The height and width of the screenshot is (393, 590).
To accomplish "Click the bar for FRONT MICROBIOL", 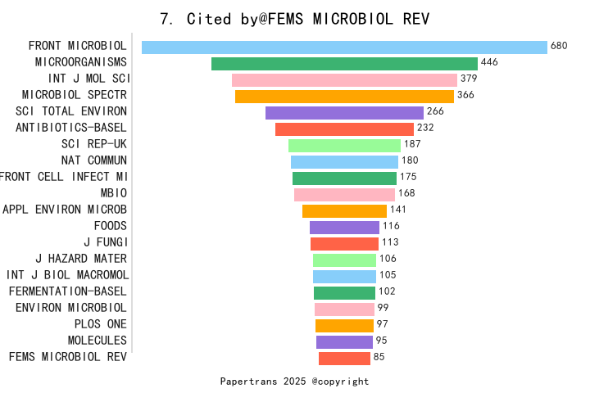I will tap(344, 47).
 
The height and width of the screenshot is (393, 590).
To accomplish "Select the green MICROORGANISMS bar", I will tap(344, 64).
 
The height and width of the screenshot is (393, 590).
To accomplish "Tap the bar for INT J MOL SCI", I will tap(344, 80).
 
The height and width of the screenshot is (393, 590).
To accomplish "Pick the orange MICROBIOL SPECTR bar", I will tap(344, 97).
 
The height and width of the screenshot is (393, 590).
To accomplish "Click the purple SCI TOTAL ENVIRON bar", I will tap(344, 113).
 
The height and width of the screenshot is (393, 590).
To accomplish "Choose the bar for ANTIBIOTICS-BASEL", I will tap(344, 129).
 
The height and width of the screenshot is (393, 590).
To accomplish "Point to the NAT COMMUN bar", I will tap(344, 162).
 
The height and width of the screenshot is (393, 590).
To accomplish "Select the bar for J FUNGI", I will tap(344, 244).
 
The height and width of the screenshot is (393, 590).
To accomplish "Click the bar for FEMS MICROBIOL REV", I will tap(344, 359).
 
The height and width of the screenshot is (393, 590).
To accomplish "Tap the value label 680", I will tap(559, 47).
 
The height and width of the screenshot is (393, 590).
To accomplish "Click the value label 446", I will tap(489, 63).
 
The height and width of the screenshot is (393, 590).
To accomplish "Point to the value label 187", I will tap(412, 145).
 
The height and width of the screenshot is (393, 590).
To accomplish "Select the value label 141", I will tap(398, 210).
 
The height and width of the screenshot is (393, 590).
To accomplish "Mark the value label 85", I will tap(379, 358).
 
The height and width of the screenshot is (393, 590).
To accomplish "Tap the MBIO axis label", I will tap(113, 193).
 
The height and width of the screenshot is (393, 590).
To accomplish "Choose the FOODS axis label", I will tap(110, 226).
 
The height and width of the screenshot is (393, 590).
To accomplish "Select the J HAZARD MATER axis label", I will tap(81, 259).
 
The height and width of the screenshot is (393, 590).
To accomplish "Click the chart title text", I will tap(294, 19).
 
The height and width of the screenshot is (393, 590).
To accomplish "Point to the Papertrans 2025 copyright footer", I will tap(294, 382).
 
